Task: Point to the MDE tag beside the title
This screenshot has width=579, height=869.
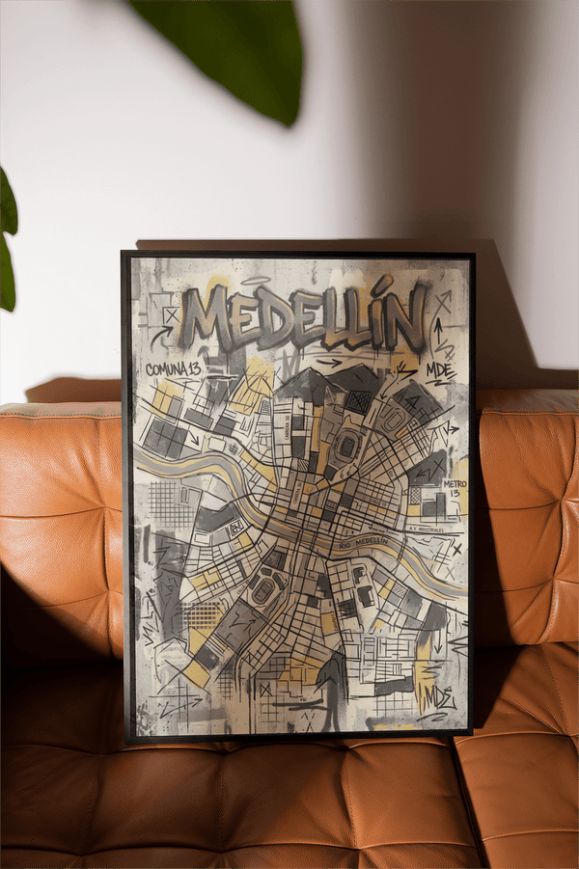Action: click(x=439, y=369)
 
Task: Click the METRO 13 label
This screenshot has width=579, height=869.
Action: click(x=454, y=489)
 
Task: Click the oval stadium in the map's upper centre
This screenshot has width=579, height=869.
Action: click(x=345, y=445)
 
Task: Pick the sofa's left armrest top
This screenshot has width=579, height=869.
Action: click(x=58, y=410)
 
